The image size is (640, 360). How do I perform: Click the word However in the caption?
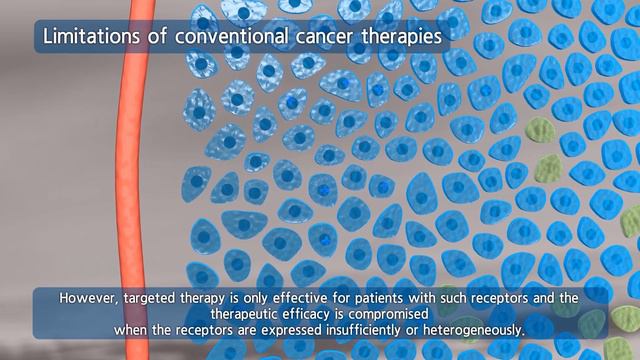click(88, 298)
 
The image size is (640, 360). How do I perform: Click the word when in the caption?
click(131, 329)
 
